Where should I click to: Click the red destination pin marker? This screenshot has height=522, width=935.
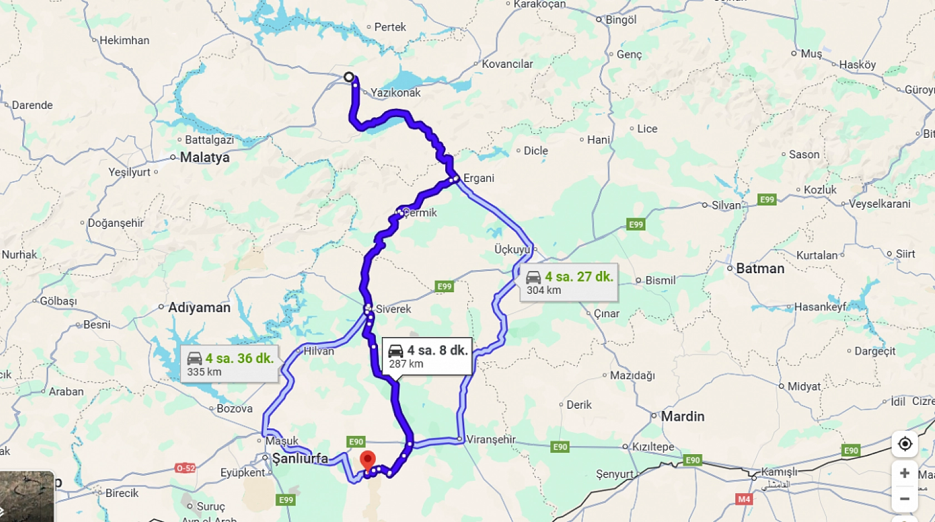coord(367,460)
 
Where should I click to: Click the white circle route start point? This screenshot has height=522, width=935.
coord(349,77)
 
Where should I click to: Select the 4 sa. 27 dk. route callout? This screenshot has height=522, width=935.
coord(569,283)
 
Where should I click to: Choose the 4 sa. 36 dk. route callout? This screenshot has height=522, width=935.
coord(229,364)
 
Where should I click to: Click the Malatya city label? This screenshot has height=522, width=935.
coord(205,157)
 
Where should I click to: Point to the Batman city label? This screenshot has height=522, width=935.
coord(760,269)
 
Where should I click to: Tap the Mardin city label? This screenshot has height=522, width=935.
coord(682,416)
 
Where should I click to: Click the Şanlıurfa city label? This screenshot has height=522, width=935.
coord(300,459)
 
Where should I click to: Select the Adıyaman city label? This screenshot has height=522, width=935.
coord(199,308)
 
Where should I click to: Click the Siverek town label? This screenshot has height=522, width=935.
coord(393,309)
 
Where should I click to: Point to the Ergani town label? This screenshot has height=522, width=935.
coord(479,178)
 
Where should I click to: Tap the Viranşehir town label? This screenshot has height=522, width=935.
coord(491,440)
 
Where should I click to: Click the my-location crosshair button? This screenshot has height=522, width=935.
coord(904,444)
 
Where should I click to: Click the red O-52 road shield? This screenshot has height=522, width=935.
coord(185,468)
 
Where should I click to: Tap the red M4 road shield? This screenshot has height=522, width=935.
coord(744,499)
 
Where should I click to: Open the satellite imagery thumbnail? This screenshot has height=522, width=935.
coord(27,496)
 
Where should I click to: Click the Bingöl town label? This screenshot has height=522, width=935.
coord(621,20)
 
